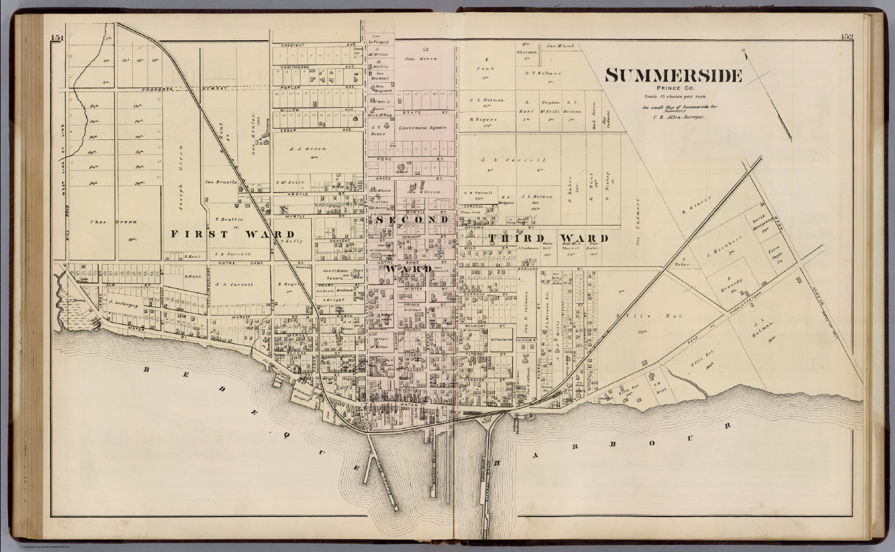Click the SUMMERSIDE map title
(x=673, y=76)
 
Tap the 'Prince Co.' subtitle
(x=673, y=89)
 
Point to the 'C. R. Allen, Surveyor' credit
(x=673, y=117)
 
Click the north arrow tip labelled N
(x=745, y=52)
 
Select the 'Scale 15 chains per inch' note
(x=673, y=97)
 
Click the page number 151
(x=57, y=38)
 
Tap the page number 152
(x=847, y=37)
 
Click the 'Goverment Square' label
(x=422, y=128)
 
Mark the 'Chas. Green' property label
(x=105, y=221)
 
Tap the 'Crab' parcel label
(x=481, y=68)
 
